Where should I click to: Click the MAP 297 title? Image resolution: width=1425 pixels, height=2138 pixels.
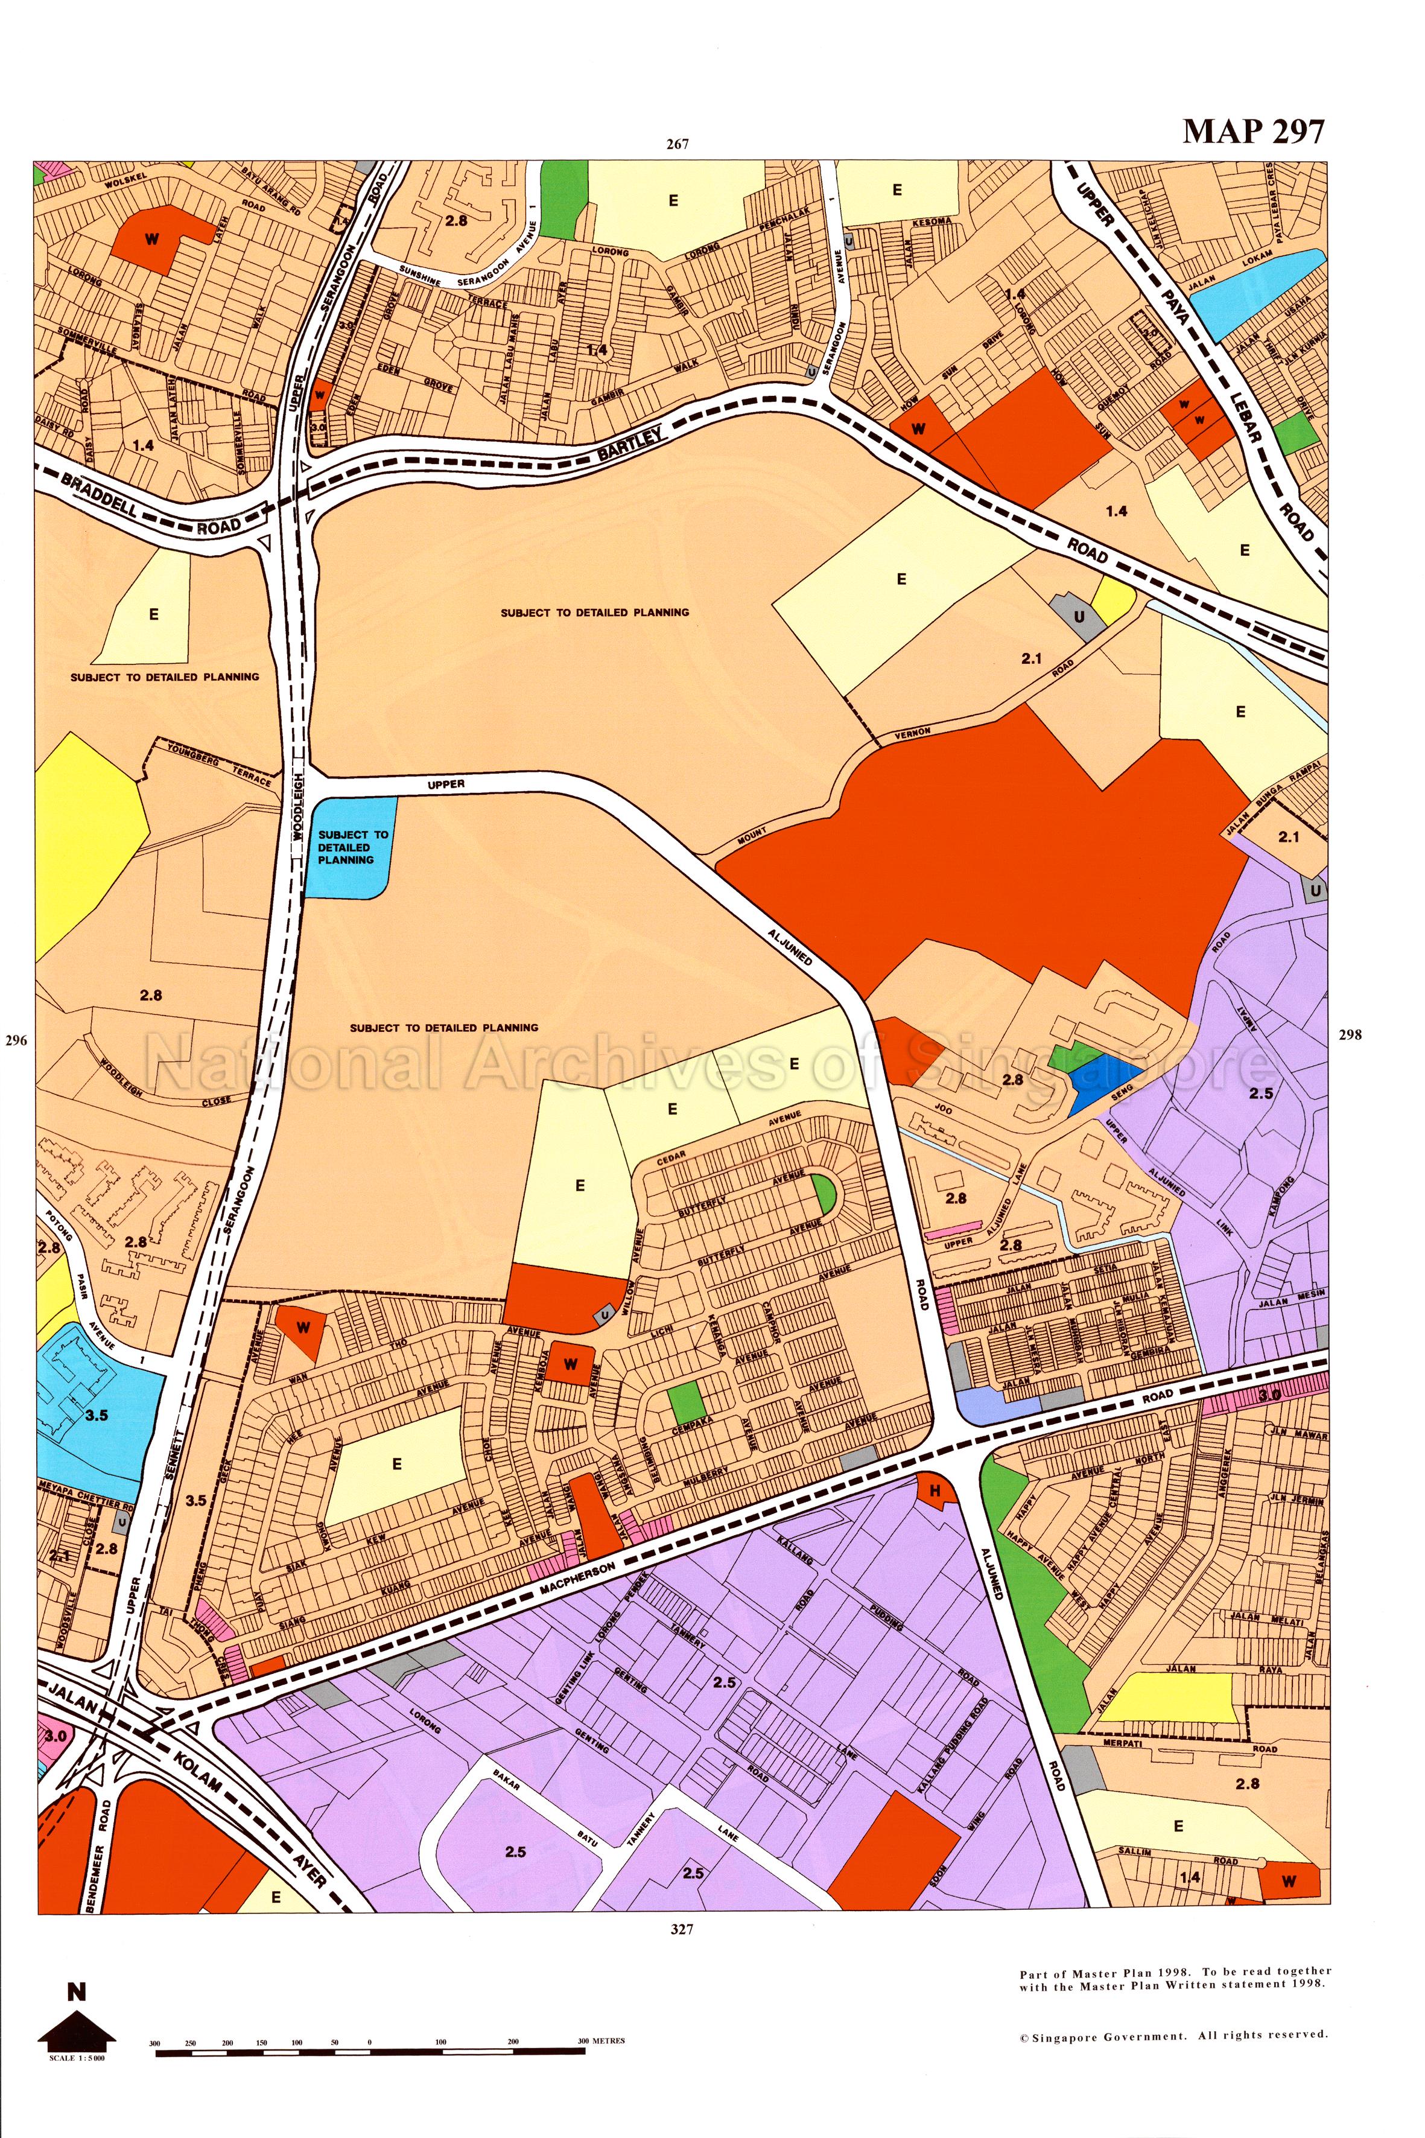[x=1253, y=132]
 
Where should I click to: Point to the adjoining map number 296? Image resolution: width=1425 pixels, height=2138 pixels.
[x=16, y=1041]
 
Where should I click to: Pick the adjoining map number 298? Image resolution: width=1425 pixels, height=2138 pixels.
[x=1350, y=1034]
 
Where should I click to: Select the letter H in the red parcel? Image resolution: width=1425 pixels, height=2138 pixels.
[x=933, y=1491]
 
